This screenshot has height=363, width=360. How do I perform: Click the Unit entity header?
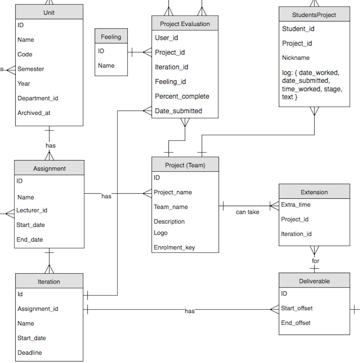tap(49, 12)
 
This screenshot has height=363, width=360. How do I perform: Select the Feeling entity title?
tap(111, 37)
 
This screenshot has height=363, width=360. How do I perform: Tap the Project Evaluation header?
tap(185, 24)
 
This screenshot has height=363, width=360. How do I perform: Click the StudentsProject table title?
tap(314, 15)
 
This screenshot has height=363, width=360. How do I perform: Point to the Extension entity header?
tap(314, 192)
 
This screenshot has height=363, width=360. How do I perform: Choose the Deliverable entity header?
tap(314, 281)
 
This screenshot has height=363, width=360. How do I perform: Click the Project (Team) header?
tap(185, 165)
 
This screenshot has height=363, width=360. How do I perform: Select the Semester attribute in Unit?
tap(31, 69)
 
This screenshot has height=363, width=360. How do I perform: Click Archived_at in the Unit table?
tap(34, 113)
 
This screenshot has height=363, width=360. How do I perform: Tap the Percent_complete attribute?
tap(182, 96)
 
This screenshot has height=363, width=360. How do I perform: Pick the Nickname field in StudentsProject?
tap(296, 58)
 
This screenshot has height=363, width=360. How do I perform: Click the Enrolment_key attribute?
tap(174, 248)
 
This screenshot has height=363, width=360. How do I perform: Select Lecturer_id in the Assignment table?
tap(32, 210)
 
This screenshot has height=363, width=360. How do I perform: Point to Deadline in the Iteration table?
tap(30, 352)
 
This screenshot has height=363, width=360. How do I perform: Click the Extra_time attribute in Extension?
tap(296, 205)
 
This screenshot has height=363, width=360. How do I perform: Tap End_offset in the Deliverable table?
tap(296, 323)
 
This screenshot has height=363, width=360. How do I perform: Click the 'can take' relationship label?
tap(247, 212)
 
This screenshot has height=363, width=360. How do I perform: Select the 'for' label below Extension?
tap(315, 261)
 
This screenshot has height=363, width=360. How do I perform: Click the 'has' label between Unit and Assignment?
tap(50, 145)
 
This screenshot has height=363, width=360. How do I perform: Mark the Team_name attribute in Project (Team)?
tap(171, 207)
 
